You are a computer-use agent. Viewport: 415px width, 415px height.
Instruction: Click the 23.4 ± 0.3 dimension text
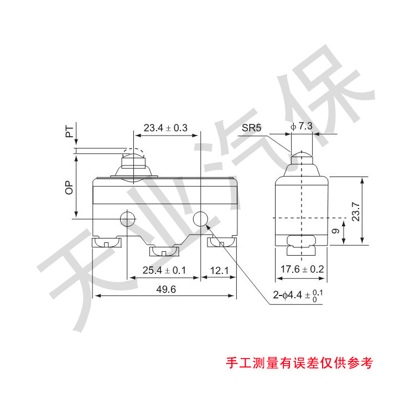[x=165, y=128]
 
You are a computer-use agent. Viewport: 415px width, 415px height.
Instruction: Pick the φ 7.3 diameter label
[x=302, y=126]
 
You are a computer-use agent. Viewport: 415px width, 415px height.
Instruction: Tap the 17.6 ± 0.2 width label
[x=302, y=270]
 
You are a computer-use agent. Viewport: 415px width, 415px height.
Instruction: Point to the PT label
[x=69, y=131]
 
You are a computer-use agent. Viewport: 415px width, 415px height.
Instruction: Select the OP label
[x=69, y=188]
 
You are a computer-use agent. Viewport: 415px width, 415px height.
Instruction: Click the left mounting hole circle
[x=128, y=219]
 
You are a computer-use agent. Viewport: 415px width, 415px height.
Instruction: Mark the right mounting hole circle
[x=200, y=219]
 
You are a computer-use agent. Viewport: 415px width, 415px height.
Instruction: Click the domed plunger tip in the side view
[x=302, y=155]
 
